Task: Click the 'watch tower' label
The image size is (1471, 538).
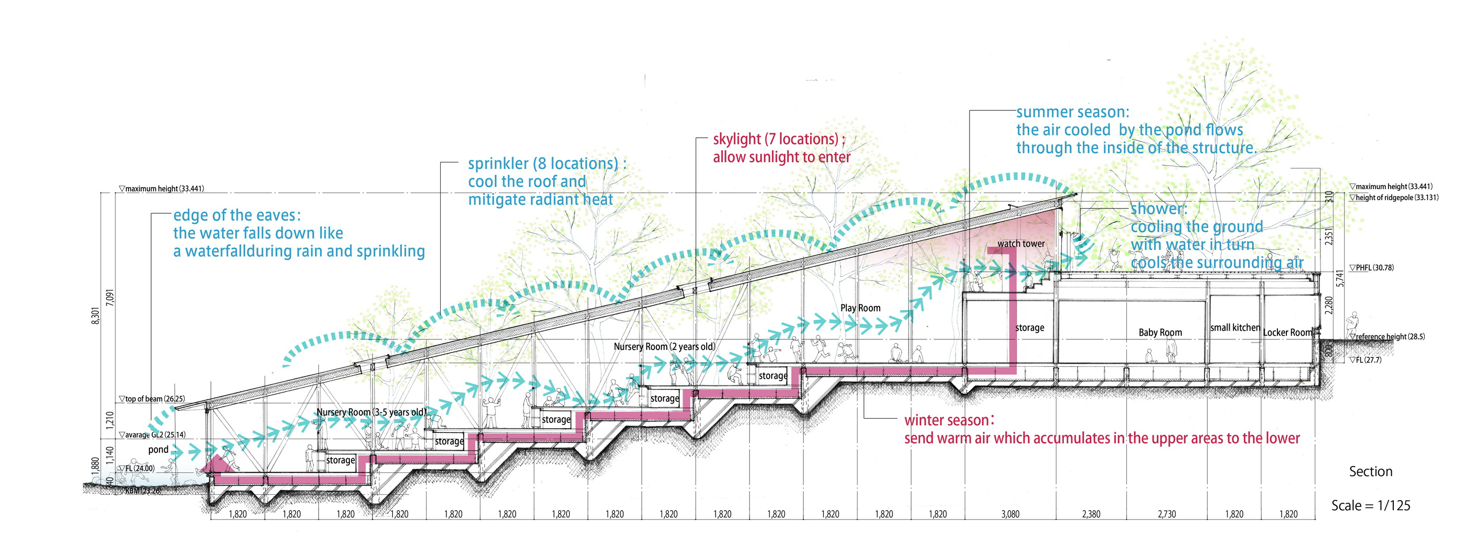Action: click(1021, 244)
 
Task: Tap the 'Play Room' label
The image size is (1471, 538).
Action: click(860, 308)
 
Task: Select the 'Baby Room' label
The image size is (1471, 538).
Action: click(1160, 332)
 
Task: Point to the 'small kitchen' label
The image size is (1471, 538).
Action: click(1234, 328)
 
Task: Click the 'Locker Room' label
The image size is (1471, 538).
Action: click(1287, 332)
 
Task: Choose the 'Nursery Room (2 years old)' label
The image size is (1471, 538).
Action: click(664, 346)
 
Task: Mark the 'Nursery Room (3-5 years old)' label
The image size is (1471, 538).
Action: click(371, 412)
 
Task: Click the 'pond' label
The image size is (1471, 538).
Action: click(158, 449)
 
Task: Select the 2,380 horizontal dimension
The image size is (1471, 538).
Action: click(1091, 514)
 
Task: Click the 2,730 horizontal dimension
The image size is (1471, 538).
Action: click(1167, 514)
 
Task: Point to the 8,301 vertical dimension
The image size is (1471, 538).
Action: click(95, 315)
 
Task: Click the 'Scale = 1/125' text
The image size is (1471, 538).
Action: click(1370, 505)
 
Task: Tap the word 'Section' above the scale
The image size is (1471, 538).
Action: click(1370, 472)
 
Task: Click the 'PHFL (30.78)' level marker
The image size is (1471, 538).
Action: click(1371, 267)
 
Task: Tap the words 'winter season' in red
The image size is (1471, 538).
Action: click(948, 420)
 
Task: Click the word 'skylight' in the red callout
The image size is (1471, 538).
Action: click(737, 139)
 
